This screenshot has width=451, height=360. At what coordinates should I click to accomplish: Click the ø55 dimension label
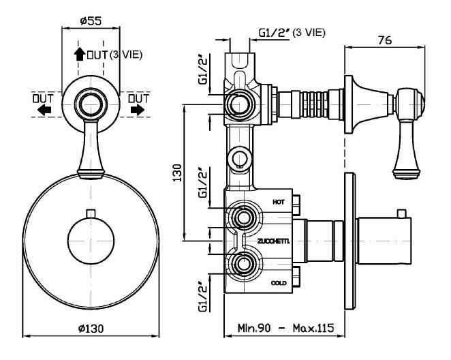[91, 20]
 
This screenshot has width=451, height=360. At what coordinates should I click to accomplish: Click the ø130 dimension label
[91, 328]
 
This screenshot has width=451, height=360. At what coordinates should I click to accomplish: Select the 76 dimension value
[384, 40]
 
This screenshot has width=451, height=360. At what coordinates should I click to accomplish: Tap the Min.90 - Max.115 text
[286, 328]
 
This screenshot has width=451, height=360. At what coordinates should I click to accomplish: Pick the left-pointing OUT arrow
[44, 109]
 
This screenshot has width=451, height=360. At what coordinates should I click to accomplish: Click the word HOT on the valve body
[278, 202]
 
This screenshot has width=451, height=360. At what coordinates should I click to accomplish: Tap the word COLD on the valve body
[278, 282]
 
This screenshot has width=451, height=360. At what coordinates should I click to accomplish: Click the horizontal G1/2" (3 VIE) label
[292, 32]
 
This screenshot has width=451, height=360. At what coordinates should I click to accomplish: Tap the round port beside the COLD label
[243, 263]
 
